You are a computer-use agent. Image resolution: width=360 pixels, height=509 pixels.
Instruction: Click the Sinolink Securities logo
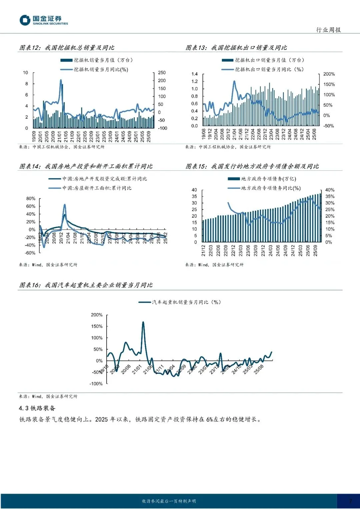43,20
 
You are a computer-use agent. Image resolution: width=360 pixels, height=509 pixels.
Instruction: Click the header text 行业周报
328,30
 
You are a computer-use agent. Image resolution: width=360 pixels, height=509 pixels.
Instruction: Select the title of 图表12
67,48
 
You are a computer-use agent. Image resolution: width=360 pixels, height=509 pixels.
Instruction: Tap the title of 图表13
236,48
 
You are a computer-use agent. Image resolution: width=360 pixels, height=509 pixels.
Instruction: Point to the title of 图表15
252,166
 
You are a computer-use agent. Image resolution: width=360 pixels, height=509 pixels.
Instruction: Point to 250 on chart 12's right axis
162,73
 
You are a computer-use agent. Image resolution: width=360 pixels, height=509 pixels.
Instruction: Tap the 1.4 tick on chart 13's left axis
194,74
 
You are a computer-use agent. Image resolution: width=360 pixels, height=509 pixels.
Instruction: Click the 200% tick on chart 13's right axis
329,74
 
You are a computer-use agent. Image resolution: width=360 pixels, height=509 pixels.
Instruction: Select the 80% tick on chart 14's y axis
31,199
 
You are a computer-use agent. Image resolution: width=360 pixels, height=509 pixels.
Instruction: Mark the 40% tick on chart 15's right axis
330,190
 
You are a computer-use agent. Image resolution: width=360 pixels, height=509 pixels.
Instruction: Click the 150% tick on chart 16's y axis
97,326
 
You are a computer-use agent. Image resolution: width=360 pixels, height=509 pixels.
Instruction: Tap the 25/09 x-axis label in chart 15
315,251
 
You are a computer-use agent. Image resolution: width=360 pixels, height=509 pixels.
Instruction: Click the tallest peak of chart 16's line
143,322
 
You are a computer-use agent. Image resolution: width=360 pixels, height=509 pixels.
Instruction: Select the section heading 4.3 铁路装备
37,408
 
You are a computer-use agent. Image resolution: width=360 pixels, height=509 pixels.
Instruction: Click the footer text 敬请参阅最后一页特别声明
169,501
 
